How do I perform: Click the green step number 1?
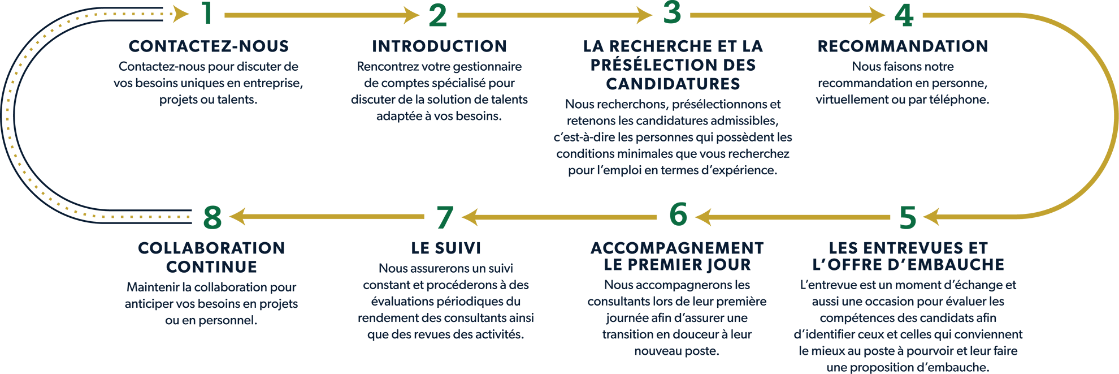[207, 14]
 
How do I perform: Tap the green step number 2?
[438, 15]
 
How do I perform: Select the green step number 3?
[672, 12]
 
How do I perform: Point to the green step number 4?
[904, 15]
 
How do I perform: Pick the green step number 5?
[908, 217]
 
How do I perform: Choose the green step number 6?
[678, 214]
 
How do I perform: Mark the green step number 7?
[445, 218]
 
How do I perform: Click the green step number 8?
[212, 217]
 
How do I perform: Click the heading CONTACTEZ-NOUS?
[209, 46]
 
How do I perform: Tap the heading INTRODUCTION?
[439, 46]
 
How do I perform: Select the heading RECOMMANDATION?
[903, 46]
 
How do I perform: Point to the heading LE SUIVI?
[446, 248]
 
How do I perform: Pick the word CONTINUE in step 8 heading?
[211, 266]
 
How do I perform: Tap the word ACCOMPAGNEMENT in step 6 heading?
[677, 248]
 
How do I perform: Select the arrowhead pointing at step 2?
[412, 15]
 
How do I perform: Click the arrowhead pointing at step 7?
[470, 217]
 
